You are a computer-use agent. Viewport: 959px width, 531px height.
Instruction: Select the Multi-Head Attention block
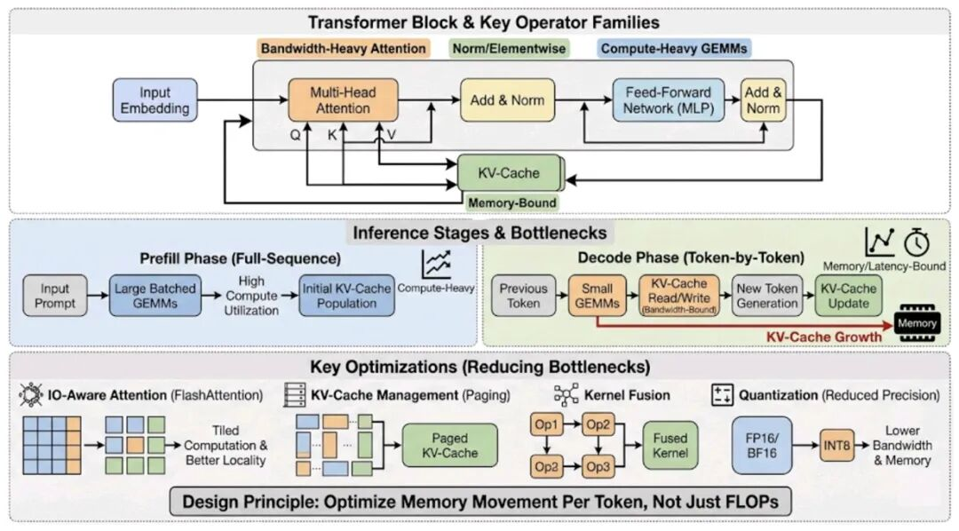tap(342, 99)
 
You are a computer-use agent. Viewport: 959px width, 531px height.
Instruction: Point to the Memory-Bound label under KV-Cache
tap(512, 202)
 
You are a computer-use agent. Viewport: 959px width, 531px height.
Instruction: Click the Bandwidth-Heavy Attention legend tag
tap(343, 49)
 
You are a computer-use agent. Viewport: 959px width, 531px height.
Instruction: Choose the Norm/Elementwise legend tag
tap(509, 49)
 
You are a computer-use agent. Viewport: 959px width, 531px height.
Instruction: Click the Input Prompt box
tap(55, 296)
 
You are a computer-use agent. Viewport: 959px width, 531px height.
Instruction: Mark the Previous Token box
tap(523, 296)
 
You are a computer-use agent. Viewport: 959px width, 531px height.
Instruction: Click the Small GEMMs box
tap(597, 296)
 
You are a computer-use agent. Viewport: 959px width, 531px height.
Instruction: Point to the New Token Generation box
tap(766, 296)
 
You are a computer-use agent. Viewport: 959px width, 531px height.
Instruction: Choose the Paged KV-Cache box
tap(439, 446)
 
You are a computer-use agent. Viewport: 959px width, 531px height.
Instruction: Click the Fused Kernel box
tap(670, 446)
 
